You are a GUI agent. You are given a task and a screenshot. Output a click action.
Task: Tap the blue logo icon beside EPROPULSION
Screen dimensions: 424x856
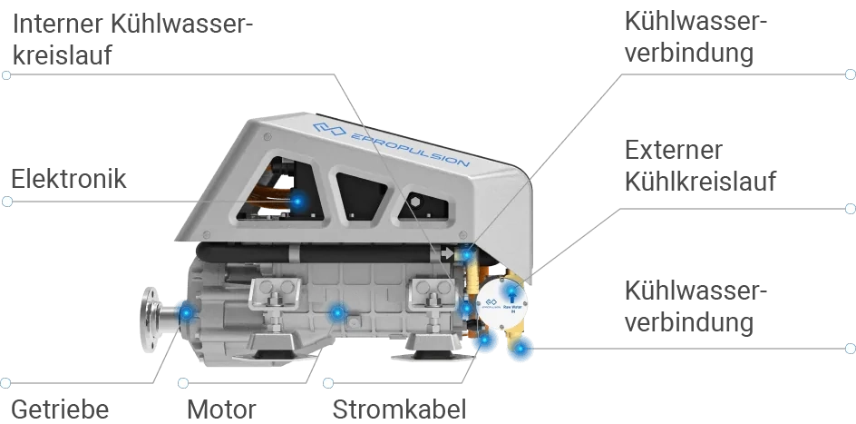point(328,129)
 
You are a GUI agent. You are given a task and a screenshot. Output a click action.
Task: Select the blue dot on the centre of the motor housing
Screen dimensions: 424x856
point(337,313)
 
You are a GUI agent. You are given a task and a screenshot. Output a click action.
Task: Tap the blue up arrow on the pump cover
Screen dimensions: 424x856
point(511,291)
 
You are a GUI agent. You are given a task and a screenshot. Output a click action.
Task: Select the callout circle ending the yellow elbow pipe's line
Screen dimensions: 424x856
point(850,347)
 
